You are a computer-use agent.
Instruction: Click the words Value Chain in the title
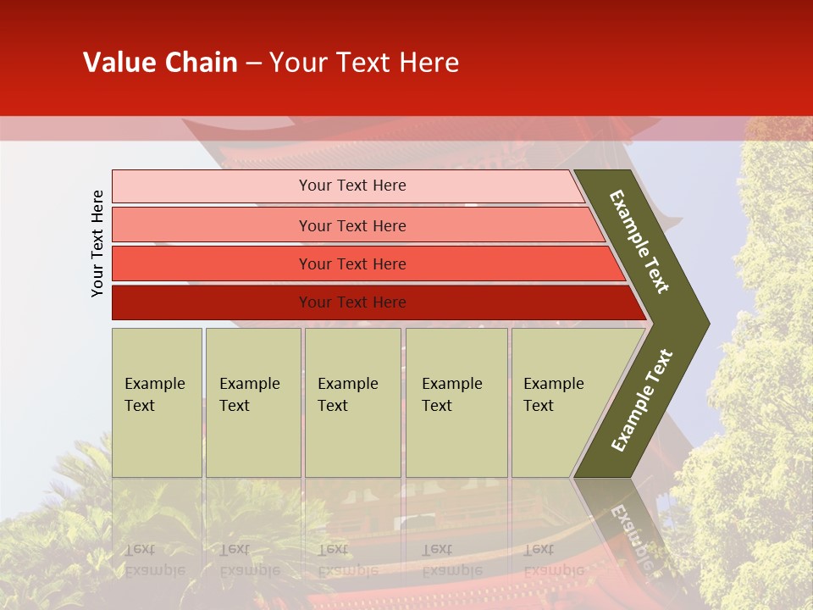160,63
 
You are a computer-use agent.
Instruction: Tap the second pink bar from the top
352,225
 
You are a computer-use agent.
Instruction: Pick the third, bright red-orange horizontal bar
352,263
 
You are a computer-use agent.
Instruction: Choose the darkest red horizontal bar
352,302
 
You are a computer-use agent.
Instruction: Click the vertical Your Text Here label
97,243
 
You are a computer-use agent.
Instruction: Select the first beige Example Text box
157,402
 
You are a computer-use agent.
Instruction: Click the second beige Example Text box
252,402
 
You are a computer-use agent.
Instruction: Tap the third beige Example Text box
352,402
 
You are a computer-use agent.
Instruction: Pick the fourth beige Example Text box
456,402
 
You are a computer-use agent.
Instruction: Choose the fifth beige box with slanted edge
559,402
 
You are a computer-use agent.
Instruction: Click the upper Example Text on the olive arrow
640,241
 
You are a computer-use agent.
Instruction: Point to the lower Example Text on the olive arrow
642,400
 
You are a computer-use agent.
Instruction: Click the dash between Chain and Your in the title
253,64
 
